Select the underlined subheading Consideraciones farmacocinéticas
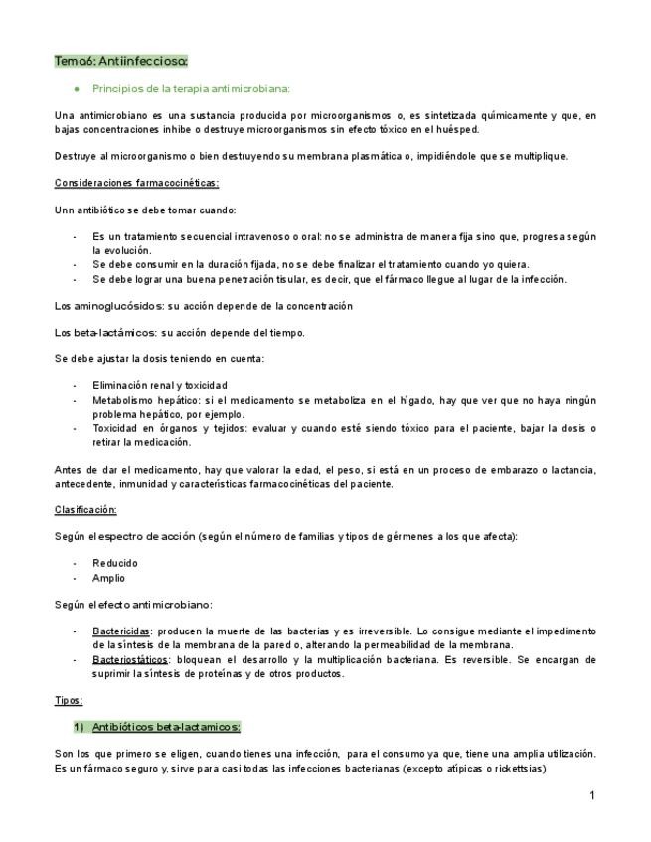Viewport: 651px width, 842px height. coord(136,183)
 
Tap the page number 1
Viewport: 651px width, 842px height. coord(591,795)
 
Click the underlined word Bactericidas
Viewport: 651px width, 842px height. coord(121,631)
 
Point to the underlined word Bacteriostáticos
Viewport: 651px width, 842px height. coord(130,659)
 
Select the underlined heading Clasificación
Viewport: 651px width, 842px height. coord(85,509)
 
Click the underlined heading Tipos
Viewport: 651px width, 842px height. coord(69,700)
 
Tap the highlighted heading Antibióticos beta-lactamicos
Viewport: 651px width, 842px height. coord(173,727)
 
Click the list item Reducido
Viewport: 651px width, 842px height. coord(115,563)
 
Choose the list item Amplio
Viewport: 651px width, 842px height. coord(109,578)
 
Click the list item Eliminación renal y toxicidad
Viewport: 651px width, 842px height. coord(159,385)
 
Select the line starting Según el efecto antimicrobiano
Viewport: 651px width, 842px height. coord(133,605)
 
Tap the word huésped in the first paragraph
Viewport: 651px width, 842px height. coord(457,129)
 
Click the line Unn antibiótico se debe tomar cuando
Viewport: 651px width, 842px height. coord(145,210)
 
